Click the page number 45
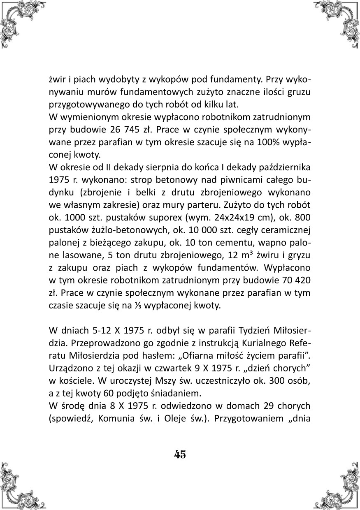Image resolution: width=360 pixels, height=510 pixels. pos(180,454)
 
